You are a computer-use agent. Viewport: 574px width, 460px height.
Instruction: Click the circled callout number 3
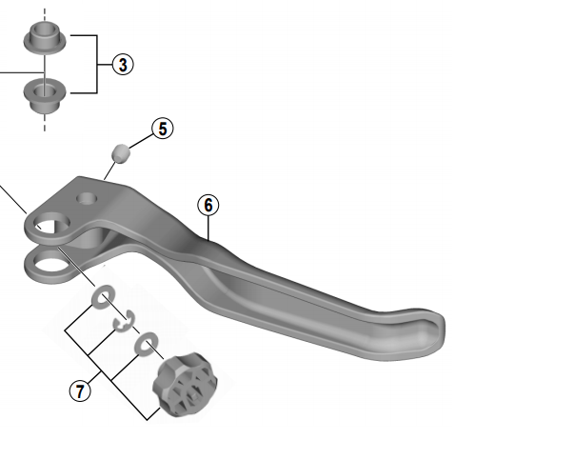click(122, 65)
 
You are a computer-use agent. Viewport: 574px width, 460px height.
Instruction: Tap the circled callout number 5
click(163, 129)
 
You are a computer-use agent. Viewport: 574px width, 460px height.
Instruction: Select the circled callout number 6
click(208, 205)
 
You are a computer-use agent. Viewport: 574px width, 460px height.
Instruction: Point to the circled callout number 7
click(80, 390)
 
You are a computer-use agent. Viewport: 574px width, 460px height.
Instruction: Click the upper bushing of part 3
click(41, 39)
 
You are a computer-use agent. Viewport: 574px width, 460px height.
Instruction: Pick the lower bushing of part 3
click(41, 93)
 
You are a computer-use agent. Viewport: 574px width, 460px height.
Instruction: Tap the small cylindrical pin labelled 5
click(121, 152)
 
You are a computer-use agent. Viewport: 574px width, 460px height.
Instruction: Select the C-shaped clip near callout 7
click(120, 325)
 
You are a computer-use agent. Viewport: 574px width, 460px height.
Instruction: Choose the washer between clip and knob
click(146, 342)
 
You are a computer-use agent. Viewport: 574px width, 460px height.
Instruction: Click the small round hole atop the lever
click(88, 199)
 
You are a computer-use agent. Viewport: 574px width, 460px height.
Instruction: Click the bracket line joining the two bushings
click(97, 65)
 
